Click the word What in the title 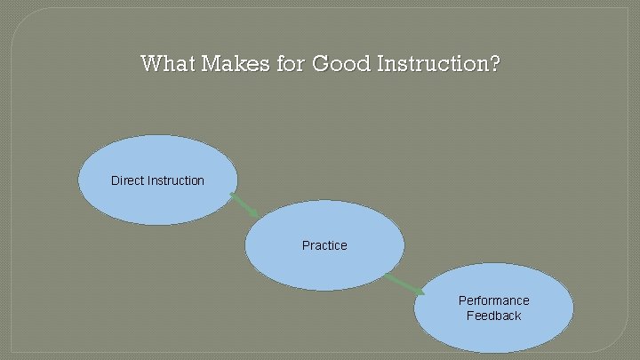(x=168, y=64)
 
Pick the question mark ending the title (x=493, y=64)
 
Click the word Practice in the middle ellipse (x=324, y=245)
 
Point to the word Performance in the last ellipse (x=493, y=300)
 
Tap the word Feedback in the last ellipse (x=493, y=316)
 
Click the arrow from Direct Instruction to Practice (x=244, y=204)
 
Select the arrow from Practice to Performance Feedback (x=404, y=284)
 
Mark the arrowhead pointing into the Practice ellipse (x=254, y=212)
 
